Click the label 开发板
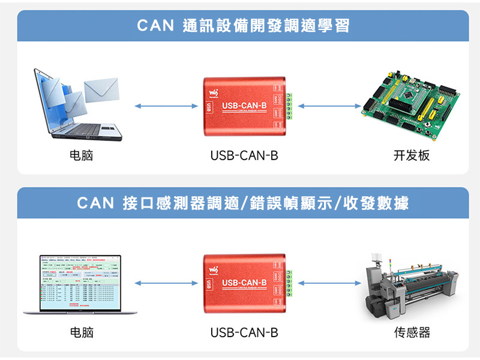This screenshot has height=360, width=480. click(x=412, y=155)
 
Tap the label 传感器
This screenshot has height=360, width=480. click(x=412, y=332)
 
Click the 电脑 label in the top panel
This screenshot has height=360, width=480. click(x=82, y=155)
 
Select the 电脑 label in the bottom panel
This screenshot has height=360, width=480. click(x=82, y=332)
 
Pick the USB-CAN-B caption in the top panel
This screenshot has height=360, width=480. click(x=244, y=155)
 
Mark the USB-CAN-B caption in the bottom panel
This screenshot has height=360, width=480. click(x=244, y=332)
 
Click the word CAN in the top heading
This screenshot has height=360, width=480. click(x=155, y=26)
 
